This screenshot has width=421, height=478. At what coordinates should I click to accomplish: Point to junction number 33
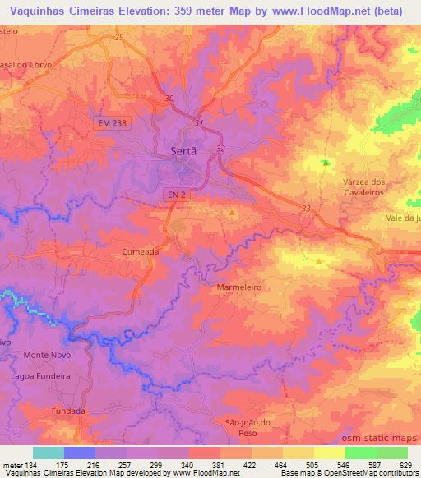pos(307,209)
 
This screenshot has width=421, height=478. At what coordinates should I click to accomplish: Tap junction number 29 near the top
pos(119,37)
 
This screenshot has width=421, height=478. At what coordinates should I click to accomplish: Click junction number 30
pos(169,99)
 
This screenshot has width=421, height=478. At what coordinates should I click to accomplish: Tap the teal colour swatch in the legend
pos(49,453)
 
